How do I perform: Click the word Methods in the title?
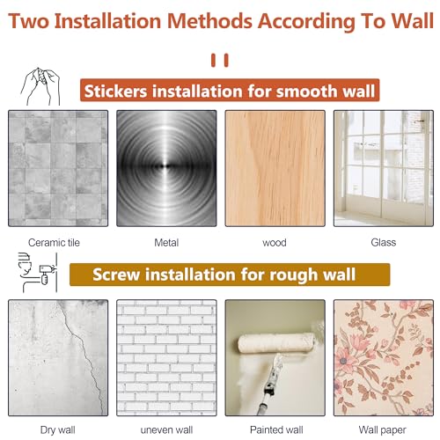pos(209,21)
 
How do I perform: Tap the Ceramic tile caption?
pos(54,243)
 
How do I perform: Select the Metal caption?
pos(166,243)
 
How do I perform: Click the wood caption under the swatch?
pos(275,243)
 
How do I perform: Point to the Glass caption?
pos(384,242)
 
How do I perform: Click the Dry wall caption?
pos(58,430)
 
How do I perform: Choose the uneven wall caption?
pos(166,430)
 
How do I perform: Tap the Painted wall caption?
pos(276,430)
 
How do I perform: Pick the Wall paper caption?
pos(383,430)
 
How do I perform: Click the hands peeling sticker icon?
pos(40,86)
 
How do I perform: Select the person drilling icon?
pos(38,273)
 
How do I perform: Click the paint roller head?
pos(275,343)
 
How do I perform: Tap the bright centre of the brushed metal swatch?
pos(166,166)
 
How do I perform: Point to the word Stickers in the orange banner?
pos(115,91)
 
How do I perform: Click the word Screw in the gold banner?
pos(116,275)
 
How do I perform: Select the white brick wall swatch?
pos(166,358)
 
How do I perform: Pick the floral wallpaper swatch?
pos(384,358)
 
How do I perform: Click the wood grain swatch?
pos(275,168)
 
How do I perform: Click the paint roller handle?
pos(269,385)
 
